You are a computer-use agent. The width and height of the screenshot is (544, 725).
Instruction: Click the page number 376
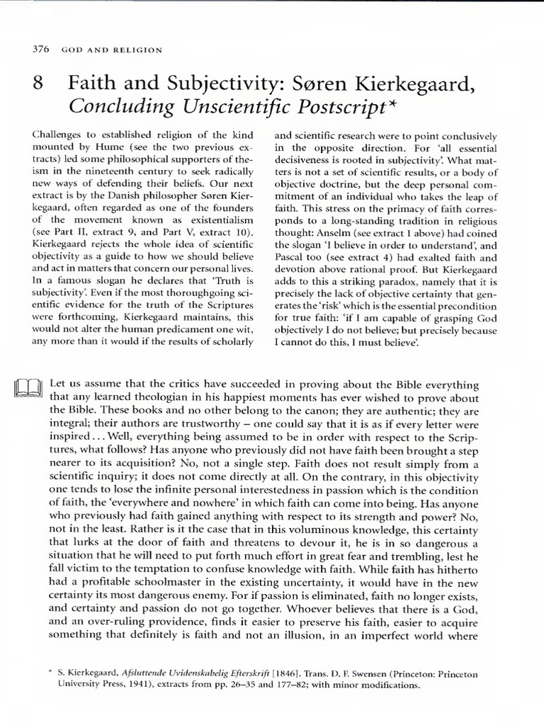36,50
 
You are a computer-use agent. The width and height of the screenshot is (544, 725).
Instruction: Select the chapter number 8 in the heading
39,86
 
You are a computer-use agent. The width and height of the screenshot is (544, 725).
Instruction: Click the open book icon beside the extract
29,389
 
